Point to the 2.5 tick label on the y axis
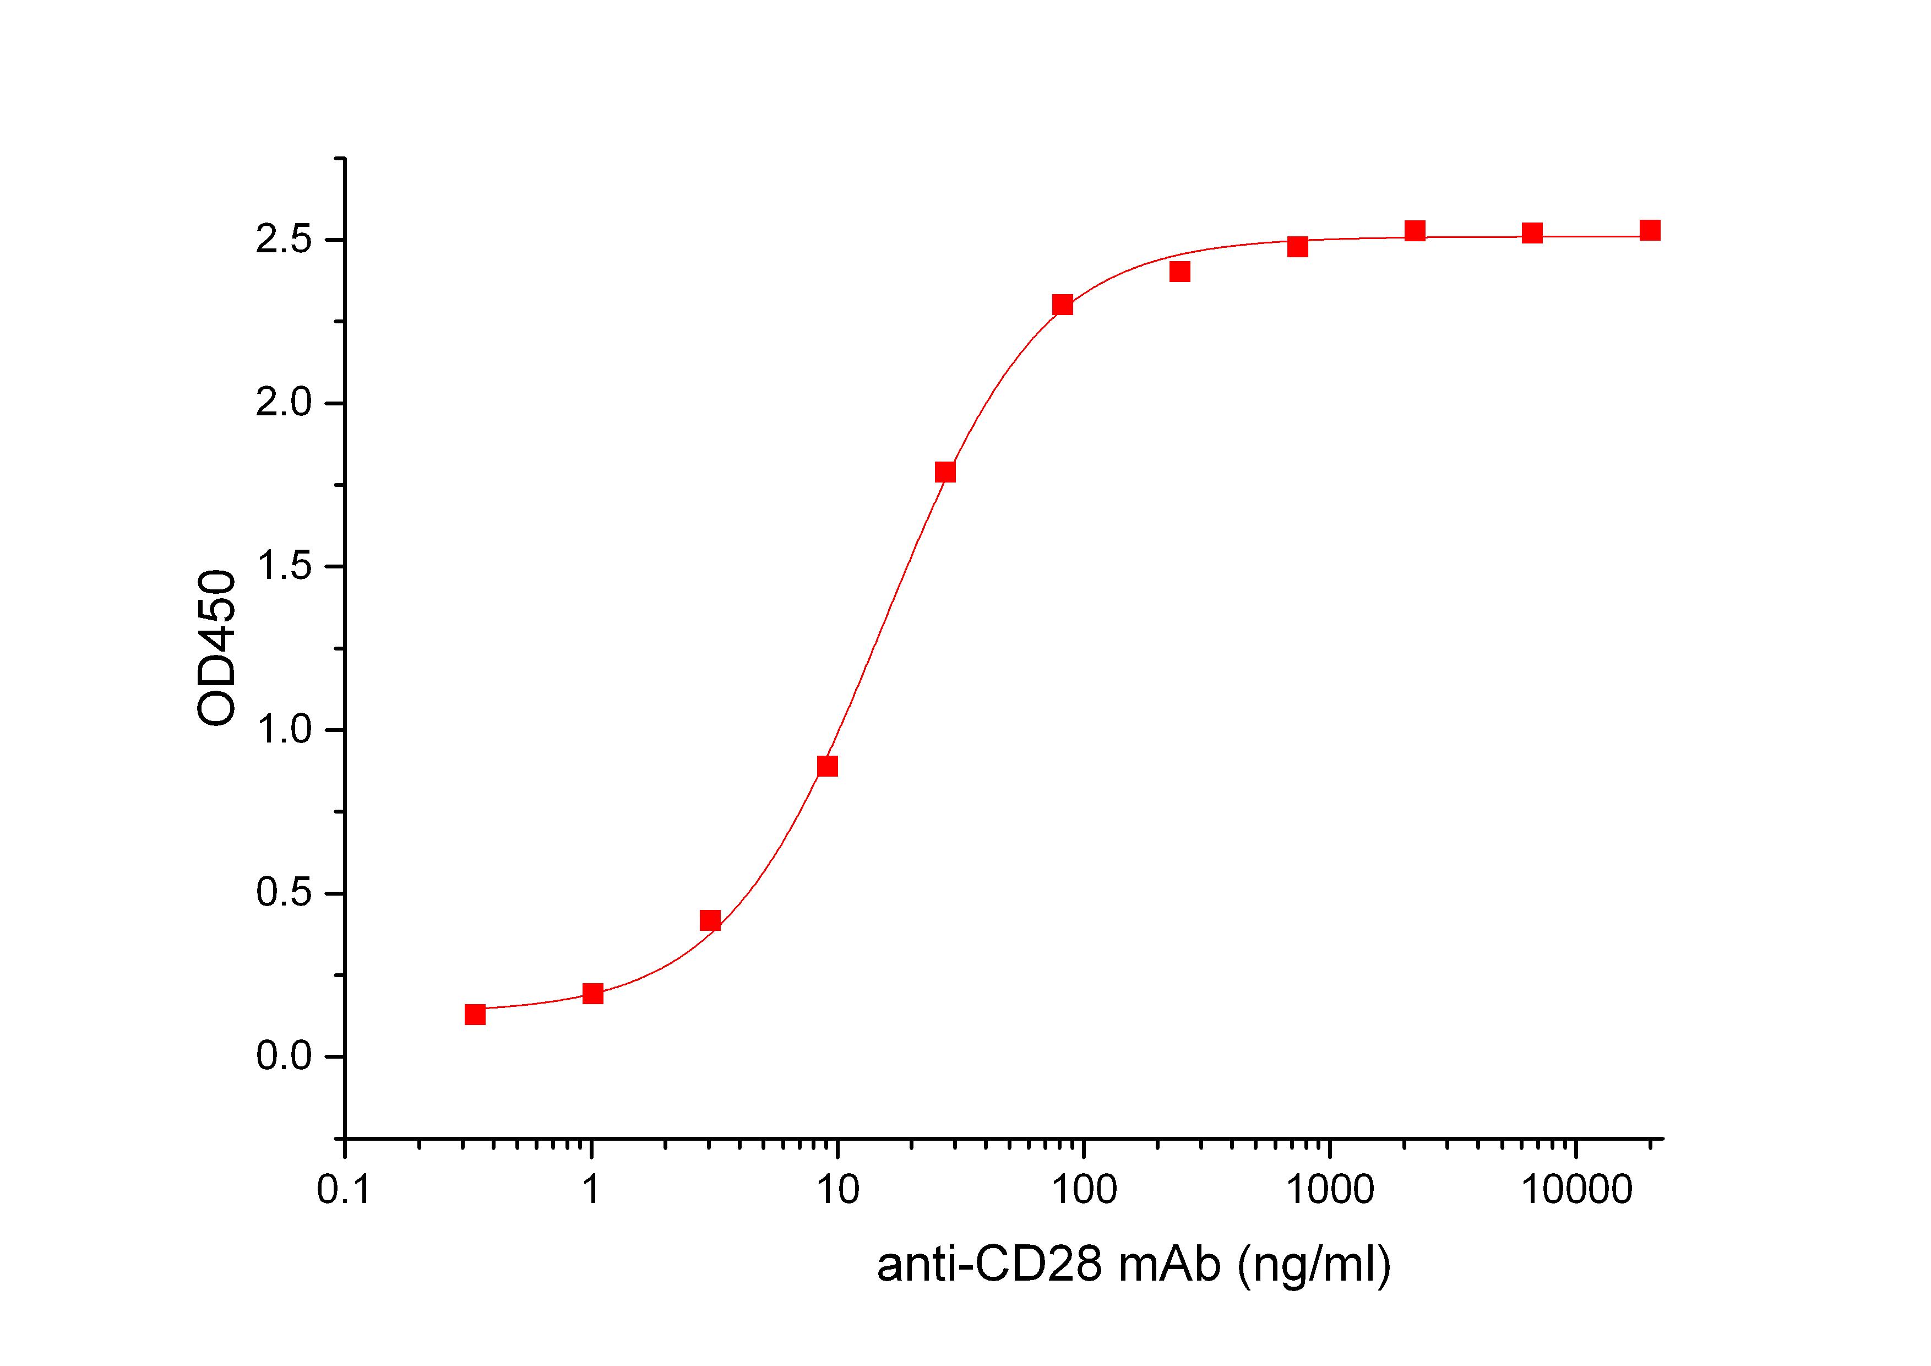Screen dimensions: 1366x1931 point(284,241)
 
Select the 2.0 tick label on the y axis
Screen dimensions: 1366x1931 point(284,404)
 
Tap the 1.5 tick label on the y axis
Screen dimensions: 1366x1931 point(284,567)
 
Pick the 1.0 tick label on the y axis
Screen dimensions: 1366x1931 point(284,730)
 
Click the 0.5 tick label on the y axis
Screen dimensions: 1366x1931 point(284,893)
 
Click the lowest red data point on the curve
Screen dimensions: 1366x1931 point(475,1015)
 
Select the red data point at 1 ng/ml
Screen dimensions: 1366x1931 point(593,993)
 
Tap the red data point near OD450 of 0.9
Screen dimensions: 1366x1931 point(828,766)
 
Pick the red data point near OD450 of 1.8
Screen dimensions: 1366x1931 point(945,472)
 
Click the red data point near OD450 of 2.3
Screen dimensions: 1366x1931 point(1063,305)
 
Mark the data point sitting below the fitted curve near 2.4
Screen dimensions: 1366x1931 point(1180,272)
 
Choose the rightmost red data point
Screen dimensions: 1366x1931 point(1650,230)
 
